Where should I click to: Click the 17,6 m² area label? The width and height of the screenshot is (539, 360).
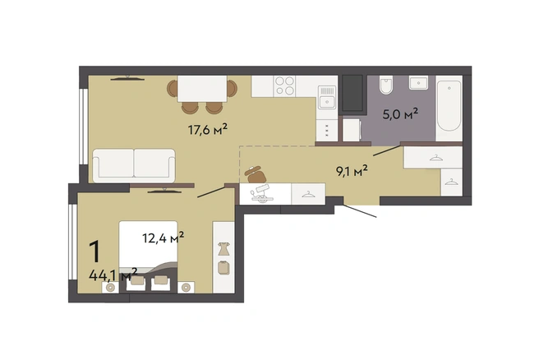(207, 130)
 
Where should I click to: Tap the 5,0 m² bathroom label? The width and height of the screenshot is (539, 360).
(400, 113)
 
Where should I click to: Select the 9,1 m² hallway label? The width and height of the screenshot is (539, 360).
(352, 170)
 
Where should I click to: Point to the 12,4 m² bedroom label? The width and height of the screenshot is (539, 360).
(163, 238)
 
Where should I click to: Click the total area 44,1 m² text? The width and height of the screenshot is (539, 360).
(113, 275)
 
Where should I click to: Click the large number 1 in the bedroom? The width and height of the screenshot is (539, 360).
(94, 252)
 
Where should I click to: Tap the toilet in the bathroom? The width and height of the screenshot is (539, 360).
(385, 85)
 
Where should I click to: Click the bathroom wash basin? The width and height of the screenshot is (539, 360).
(418, 83)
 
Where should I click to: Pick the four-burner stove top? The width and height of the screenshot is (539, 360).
(284, 85)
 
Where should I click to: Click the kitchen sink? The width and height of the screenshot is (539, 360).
(326, 97)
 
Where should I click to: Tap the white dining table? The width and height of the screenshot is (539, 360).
(202, 89)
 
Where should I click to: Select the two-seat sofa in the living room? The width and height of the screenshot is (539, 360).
(134, 165)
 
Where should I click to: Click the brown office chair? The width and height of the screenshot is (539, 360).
(256, 174)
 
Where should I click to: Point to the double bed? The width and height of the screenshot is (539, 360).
(148, 256)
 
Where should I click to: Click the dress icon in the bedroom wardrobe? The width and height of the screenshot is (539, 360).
(223, 248)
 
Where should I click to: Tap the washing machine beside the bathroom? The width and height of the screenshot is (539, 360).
(352, 130)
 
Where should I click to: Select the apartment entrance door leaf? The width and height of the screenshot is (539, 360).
(360, 211)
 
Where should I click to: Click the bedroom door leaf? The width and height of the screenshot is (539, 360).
(211, 192)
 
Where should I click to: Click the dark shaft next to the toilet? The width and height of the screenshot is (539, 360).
(352, 93)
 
